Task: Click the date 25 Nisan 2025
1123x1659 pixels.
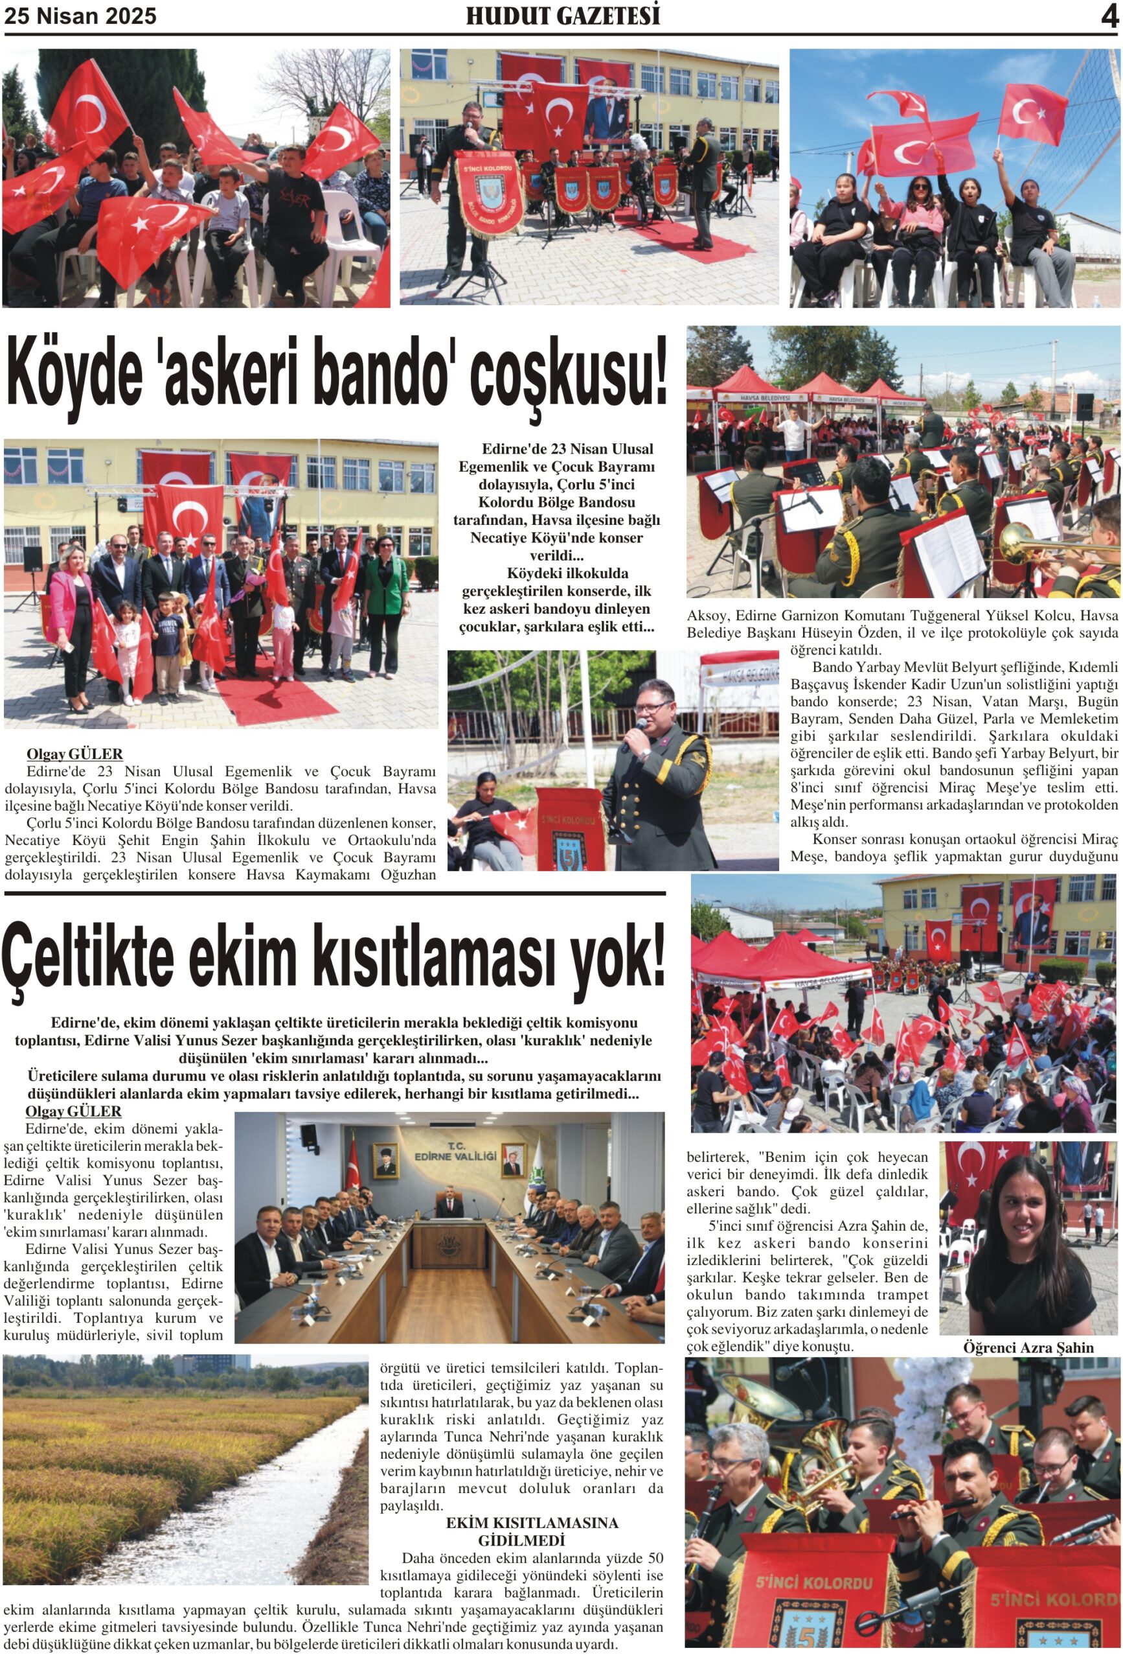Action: [x=80, y=16]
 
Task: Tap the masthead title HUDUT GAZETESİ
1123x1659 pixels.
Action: [x=562, y=16]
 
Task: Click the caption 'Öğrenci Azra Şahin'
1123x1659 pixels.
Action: [x=1027, y=1347]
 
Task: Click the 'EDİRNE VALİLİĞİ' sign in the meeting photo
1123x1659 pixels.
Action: [x=455, y=1154]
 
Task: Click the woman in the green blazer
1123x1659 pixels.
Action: [x=386, y=582]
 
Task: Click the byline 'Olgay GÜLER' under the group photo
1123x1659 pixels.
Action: [x=74, y=754]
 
